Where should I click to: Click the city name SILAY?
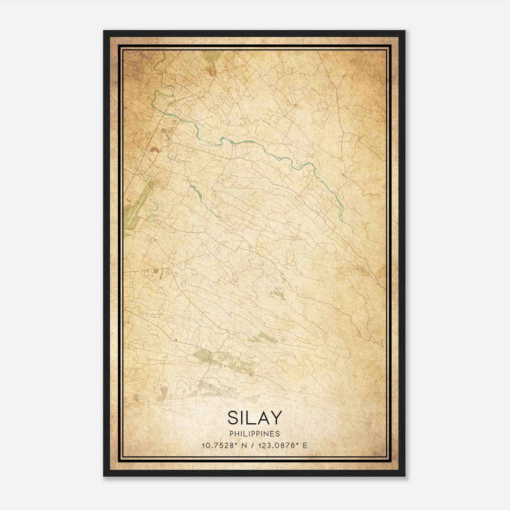(255, 418)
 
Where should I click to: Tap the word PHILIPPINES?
(255, 434)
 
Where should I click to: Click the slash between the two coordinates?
(252, 446)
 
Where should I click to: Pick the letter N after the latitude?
(244, 446)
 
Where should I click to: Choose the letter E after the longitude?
(305, 446)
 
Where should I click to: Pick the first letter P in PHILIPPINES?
(231, 434)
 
